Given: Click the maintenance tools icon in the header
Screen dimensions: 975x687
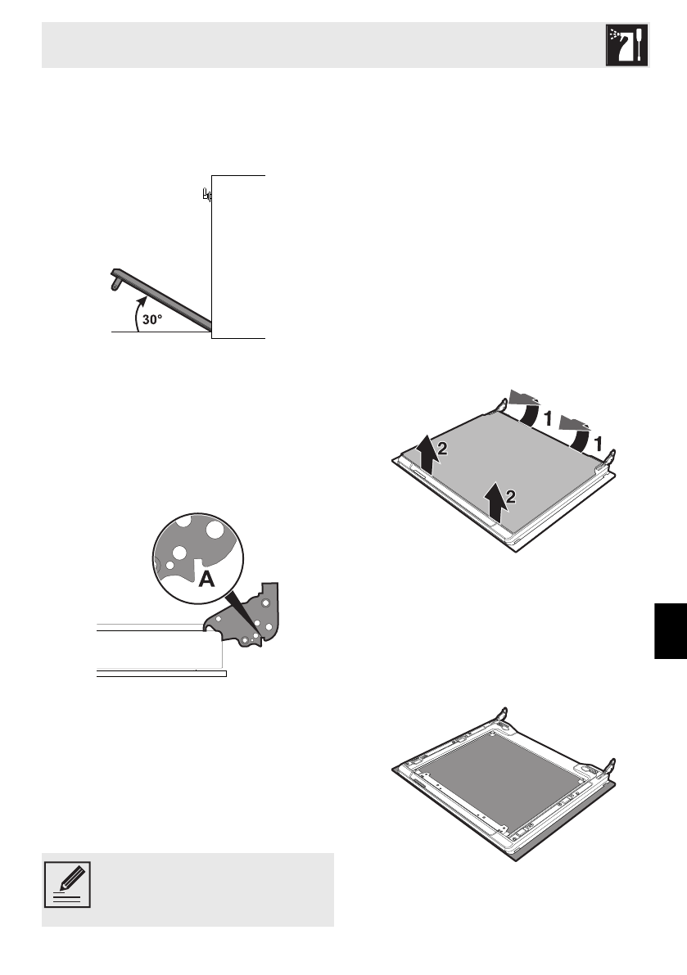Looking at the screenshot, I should [x=627, y=45].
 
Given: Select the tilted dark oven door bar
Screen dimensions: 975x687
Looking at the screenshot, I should [x=164, y=300].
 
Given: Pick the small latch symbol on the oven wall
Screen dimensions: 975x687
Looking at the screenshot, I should [x=206, y=196].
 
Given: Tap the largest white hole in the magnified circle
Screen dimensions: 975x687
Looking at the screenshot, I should [x=215, y=530].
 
